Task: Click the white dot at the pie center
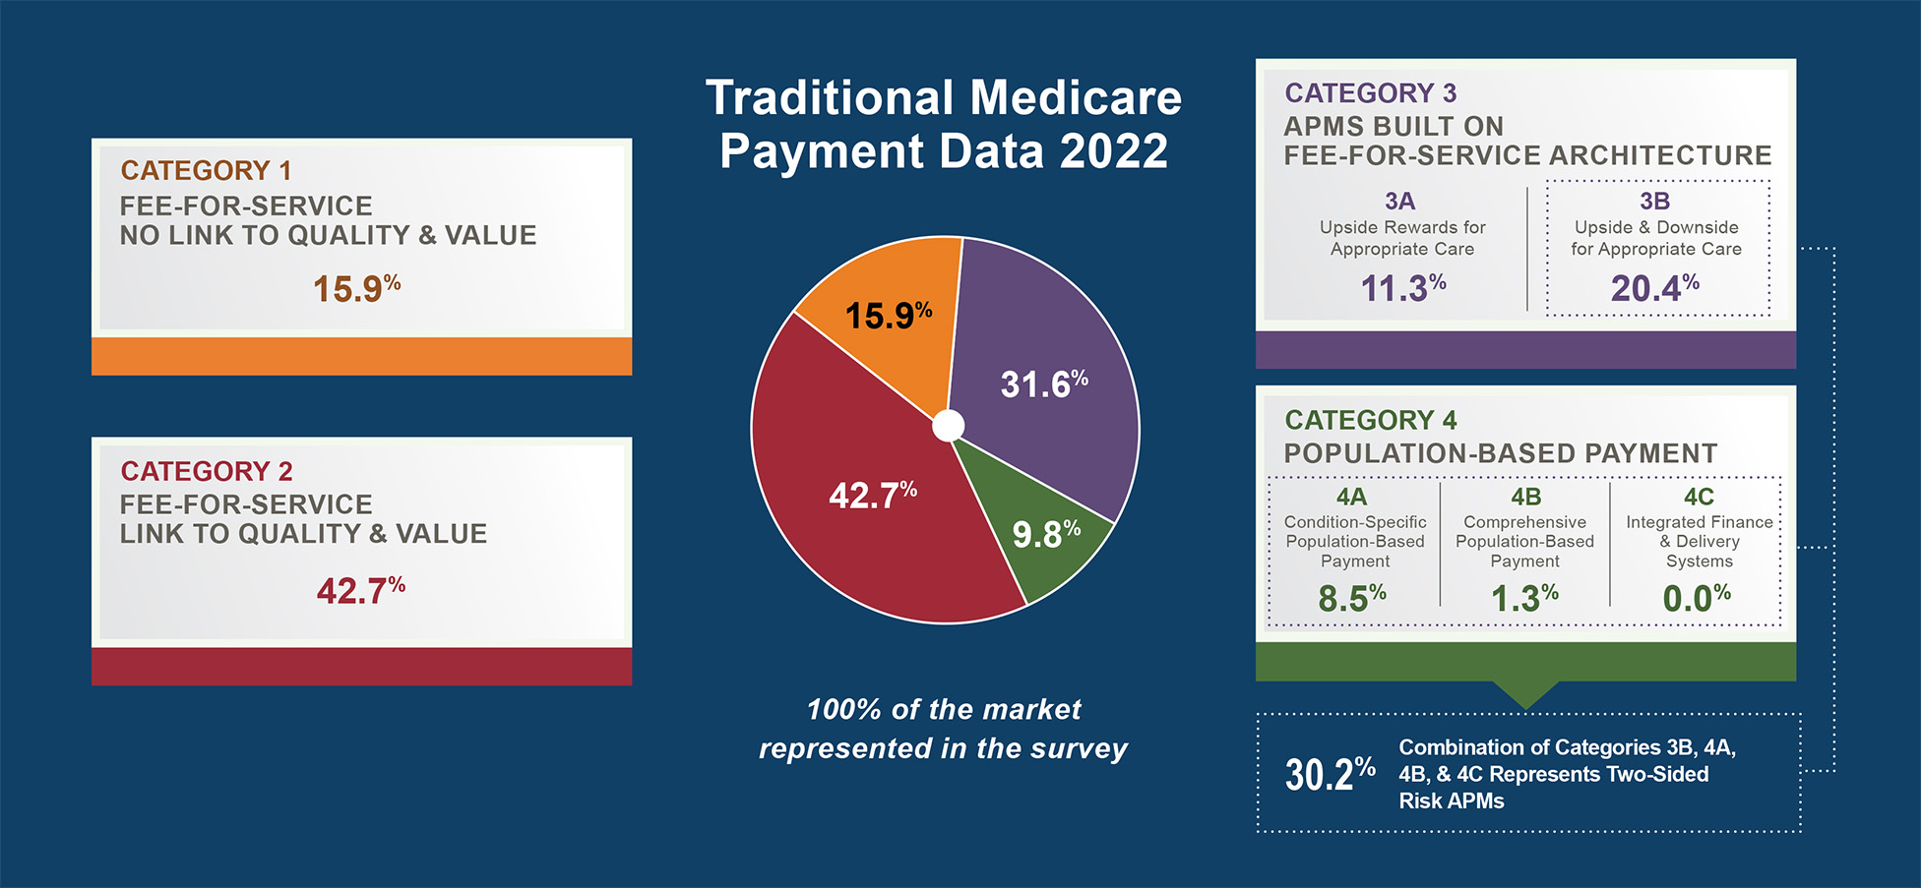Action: coord(948,426)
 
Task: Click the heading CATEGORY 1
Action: coord(206,170)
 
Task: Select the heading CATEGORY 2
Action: coord(207,471)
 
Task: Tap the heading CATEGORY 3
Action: coord(1370,93)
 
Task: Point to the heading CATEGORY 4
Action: coord(1370,420)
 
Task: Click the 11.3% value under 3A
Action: coord(1402,288)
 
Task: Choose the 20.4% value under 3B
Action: coord(1654,288)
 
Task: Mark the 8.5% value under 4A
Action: coord(1352,598)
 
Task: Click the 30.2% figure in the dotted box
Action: coord(1330,775)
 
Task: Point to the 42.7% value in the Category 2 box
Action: coord(360,591)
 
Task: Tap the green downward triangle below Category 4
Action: coord(1525,694)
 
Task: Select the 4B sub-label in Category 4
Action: coord(1525,497)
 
